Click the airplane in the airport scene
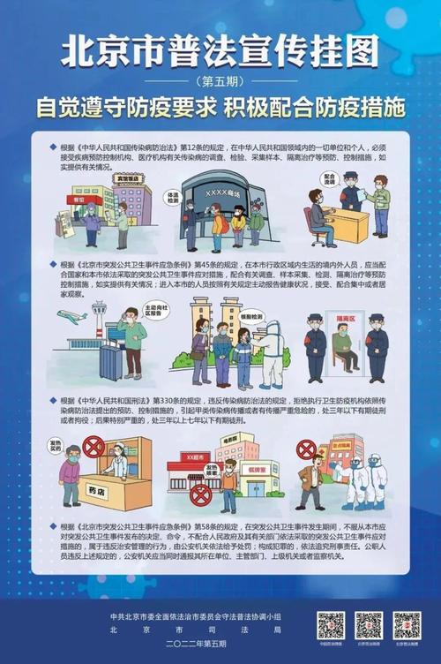(x=72, y=315)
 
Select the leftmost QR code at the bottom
(x=331, y=625)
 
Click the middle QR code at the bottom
(x=369, y=625)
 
